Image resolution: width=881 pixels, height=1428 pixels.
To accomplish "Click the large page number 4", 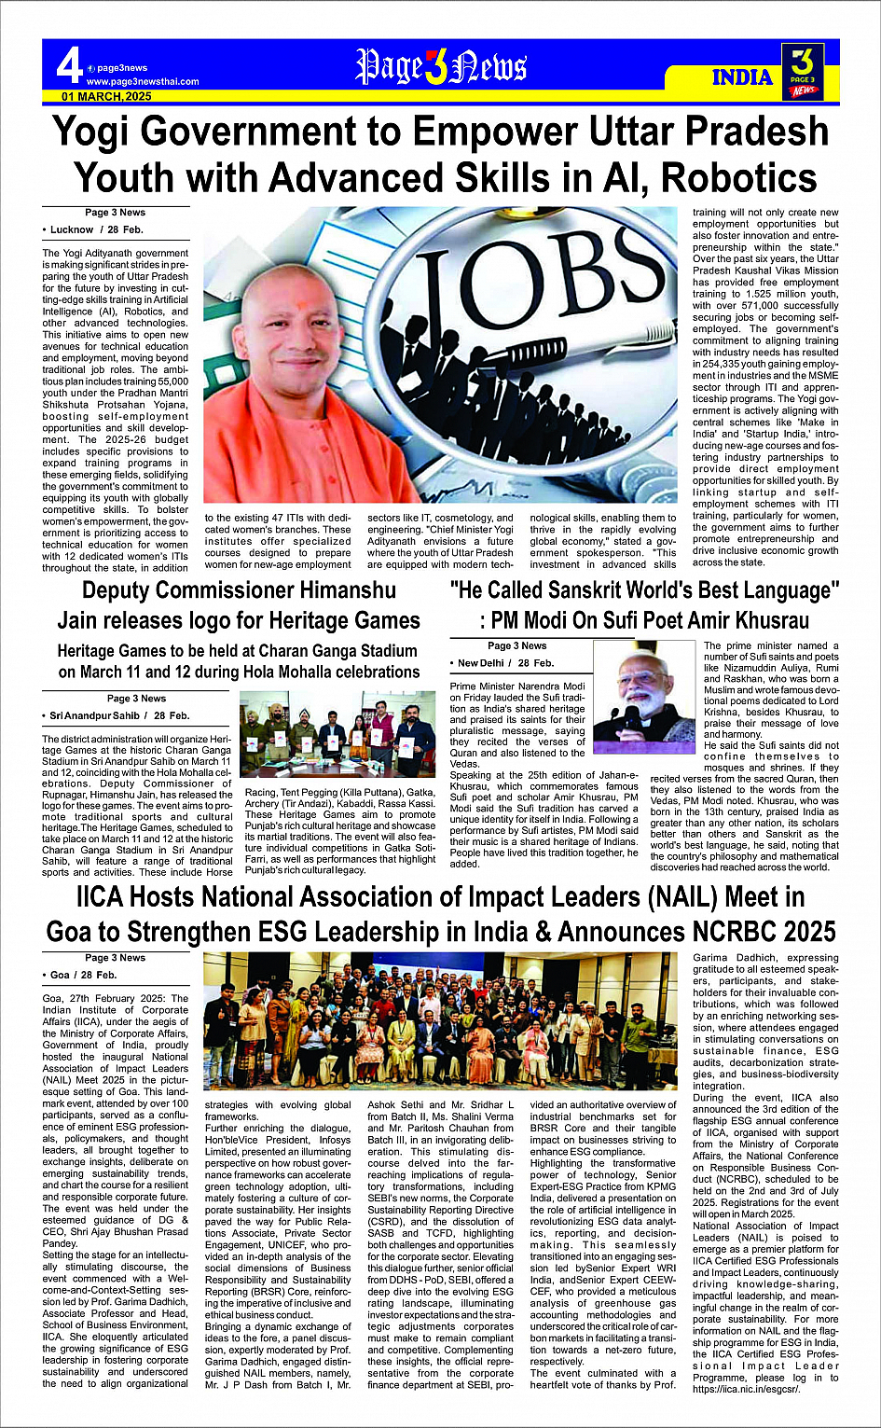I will [x=69, y=65].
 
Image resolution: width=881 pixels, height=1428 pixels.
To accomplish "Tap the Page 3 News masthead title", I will [x=441, y=68].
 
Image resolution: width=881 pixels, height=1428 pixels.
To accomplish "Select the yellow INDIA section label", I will [x=742, y=77].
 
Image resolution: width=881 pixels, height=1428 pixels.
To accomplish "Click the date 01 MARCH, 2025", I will [x=107, y=96].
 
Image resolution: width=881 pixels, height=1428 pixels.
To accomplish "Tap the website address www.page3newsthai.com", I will [x=143, y=81].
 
